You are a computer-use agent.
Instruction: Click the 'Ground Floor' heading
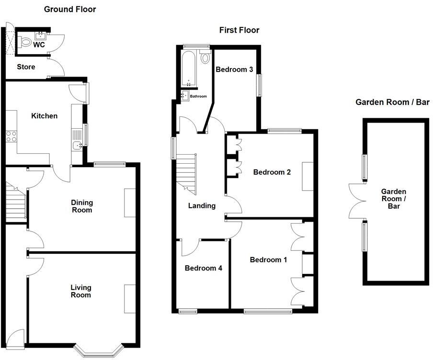[x=70, y=9]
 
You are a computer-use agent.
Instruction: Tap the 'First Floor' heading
[x=239, y=30]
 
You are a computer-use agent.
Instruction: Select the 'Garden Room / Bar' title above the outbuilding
[x=392, y=102]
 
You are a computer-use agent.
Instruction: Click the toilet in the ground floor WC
[x=26, y=41]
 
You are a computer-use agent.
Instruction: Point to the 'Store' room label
[x=26, y=67]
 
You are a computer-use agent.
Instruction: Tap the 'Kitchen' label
[x=44, y=116]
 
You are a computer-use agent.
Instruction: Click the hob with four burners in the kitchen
[x=11, y=135]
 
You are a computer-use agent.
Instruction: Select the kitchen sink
[x=76, y=146]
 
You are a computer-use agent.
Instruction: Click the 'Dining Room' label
[x=81, y=206]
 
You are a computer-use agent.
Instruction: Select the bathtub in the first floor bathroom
[x=188, y=69]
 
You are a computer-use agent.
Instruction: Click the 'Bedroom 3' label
[x=234, y=69]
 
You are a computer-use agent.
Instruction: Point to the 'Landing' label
[x=202, y=206]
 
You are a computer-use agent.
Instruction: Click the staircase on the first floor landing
[x=187, y=172]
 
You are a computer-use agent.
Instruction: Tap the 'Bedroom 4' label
[x=204, y=268]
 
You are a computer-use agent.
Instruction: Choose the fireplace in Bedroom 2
[x=307, y=177]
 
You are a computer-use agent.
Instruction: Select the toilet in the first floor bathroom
[x=205, y=58]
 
